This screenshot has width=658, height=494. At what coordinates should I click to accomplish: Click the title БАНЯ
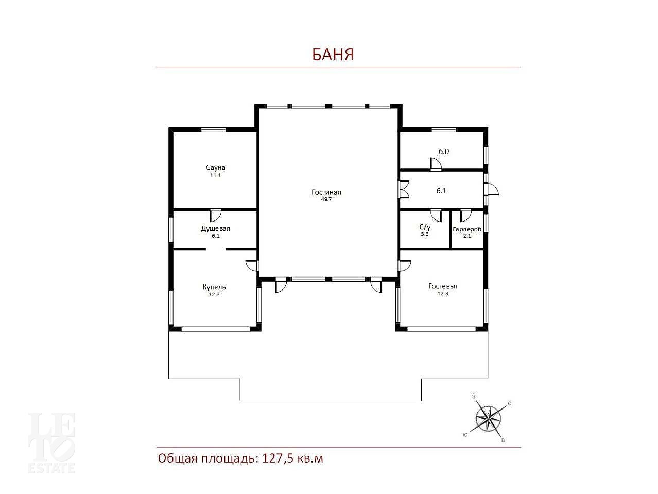coord(333,55)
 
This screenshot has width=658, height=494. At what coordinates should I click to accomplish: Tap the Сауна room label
coord(216,167)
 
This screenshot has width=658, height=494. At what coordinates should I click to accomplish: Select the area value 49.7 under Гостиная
coord(326,199)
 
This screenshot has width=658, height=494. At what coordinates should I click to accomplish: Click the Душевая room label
coord(215,229)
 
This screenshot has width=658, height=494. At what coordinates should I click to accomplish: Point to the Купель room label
coord(214,287)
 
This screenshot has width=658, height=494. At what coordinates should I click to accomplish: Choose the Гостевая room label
coord(442,286)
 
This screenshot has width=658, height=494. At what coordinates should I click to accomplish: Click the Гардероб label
coord(467,229)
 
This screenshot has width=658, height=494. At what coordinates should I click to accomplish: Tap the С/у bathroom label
coord(425,227)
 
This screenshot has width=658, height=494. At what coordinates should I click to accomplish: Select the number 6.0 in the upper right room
coord(444,152)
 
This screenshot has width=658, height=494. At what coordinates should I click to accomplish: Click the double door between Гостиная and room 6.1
coord(404,189)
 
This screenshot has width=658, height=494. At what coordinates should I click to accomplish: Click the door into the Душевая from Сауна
coord(216,215)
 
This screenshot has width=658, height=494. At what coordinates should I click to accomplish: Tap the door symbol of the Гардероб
coord(465,215)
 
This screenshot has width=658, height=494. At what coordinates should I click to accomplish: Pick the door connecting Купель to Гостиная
coord(252,265)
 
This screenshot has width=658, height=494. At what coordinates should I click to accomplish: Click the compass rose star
coord(488,419)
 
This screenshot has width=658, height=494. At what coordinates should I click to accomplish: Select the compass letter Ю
coord(465,435)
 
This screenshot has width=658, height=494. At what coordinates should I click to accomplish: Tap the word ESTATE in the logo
coord(51,468)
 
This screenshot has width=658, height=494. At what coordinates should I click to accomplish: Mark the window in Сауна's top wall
coord(213,130)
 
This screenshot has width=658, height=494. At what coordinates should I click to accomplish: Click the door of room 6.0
coord(436,164)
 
